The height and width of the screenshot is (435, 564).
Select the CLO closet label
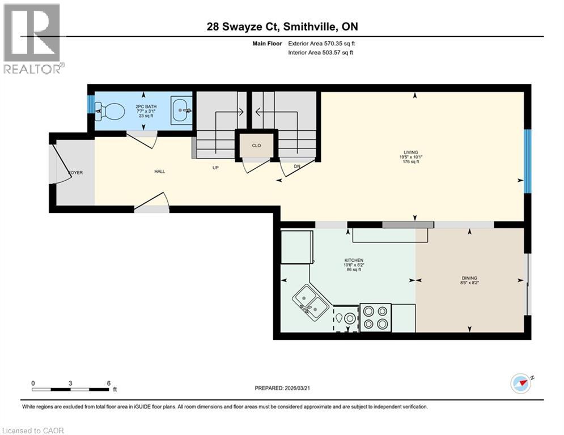256,146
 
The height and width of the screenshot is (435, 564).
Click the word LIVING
410,152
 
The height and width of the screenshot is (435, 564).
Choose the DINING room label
469,278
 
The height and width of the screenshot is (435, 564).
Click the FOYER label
75,172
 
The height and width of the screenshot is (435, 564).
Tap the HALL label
159,171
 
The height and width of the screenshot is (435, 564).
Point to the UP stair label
215,168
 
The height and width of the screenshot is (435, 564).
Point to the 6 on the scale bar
108,383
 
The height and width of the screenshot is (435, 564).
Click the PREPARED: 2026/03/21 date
287,388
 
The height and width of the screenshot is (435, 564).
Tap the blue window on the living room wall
527,161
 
